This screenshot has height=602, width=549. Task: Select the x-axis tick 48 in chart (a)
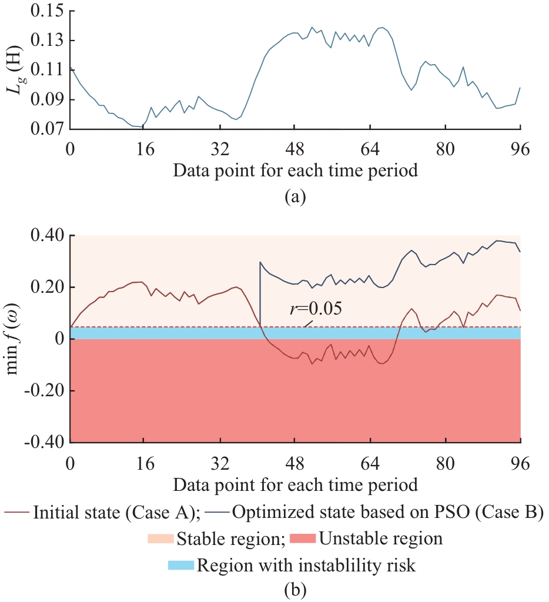pos(295,149)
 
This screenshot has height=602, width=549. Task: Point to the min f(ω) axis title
pos(18,339)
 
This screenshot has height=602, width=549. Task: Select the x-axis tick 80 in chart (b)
pos(445,462)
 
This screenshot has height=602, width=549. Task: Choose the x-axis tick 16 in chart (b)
pos(145,462)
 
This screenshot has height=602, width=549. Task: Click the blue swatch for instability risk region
pos(181,566)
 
